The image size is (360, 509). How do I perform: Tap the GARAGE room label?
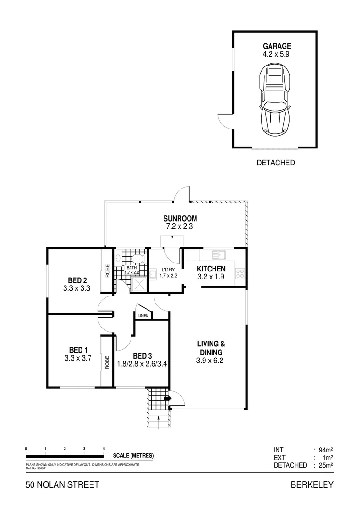[277, 46]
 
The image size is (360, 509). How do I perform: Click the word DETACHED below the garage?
[276, 163]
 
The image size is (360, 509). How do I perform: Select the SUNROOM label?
[180, 219]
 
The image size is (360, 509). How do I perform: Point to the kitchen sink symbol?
[219, 255]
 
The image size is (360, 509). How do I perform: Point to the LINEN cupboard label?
[143, 316]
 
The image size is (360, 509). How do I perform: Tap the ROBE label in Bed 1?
[107, 361]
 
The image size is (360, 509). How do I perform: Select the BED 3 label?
[142, 356]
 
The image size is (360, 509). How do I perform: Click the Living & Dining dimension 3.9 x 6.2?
[210, 361]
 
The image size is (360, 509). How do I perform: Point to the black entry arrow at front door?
[167, 399]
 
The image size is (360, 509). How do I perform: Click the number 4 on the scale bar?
[104, 449]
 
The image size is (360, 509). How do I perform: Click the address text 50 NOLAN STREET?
[62, 485]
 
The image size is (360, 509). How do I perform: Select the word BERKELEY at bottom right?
[311, 485]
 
